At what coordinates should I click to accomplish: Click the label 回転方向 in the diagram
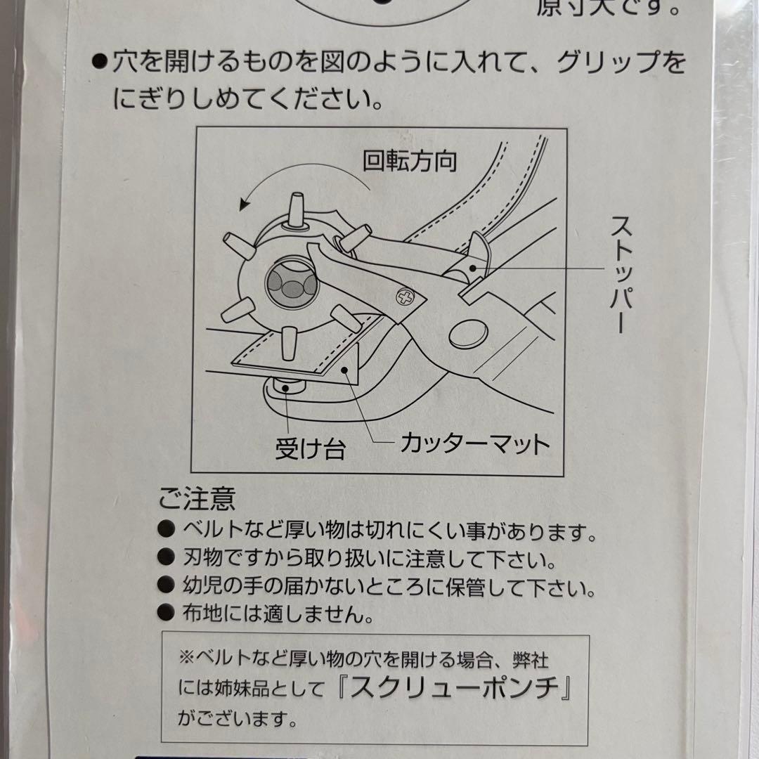click(410, 161)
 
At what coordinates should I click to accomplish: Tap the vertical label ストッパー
click(621, 274)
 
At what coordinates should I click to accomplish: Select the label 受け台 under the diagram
click(310, 448)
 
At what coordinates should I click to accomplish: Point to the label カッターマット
click(475, 443)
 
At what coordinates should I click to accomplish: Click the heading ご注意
click(197, 498)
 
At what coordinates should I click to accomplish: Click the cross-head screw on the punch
click(405, 297)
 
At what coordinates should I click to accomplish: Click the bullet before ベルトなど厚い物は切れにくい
click(166, 528)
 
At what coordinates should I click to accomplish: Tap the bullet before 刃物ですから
click(166, 557)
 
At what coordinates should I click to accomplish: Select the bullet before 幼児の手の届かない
click(166, 585)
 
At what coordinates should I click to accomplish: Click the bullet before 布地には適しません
click(166, 612)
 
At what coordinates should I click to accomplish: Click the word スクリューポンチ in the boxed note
click(455, 687)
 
